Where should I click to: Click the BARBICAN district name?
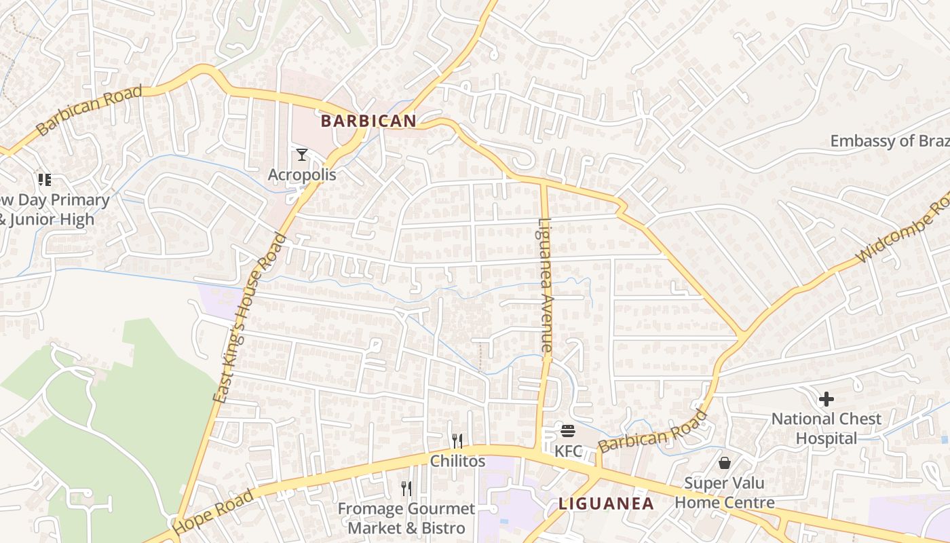point(368,121)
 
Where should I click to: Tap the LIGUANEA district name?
point(606,504)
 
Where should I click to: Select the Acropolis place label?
point(302,174)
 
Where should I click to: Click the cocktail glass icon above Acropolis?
point(302,155)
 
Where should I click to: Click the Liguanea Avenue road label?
point(546,284)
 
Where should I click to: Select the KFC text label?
point(568,451)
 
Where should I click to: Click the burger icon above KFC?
point(568,431)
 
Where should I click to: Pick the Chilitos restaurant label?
point(458,461)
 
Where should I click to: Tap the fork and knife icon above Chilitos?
point(457,441)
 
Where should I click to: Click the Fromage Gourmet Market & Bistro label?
point(406,518)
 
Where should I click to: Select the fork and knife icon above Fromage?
point(406,488)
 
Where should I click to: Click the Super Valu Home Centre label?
point(725,493)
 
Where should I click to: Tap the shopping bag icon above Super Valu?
point(725,464)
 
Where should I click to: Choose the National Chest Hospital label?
point(826,428)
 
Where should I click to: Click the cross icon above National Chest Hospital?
point(826,399)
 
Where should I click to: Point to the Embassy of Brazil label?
point(890,141)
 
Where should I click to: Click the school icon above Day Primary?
point(45,180)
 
